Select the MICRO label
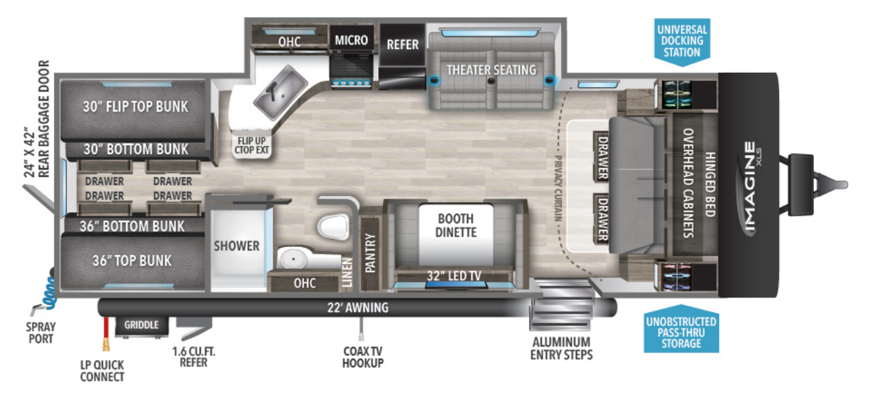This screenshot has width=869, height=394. coord(351,40)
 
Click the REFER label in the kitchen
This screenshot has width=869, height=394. coord(402,44)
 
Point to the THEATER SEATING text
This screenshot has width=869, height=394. coord(491,69)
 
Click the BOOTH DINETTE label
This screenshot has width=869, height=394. coord(457,225)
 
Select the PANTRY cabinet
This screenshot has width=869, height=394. coord(371,253)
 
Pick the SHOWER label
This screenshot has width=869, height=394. coord(237,246)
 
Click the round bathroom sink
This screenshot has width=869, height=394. coord(294,259)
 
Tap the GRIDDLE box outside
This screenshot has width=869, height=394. coord(141,325)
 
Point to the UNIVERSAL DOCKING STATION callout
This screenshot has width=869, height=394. coord(682,41)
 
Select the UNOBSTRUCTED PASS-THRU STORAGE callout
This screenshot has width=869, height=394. coord(681,332)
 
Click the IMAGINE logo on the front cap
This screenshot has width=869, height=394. coord(750,187)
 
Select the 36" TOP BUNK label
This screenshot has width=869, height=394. coord(132,261)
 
